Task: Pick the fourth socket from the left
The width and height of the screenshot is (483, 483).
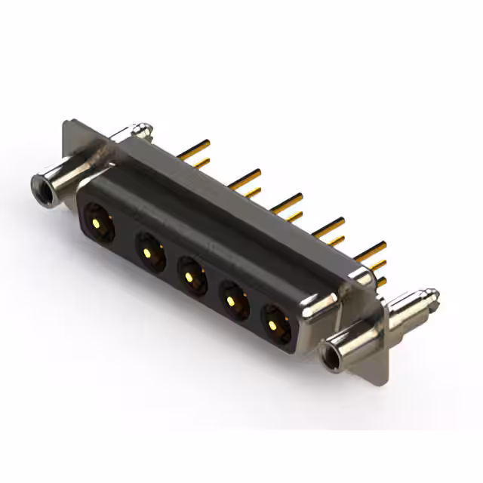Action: coord(234,300)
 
